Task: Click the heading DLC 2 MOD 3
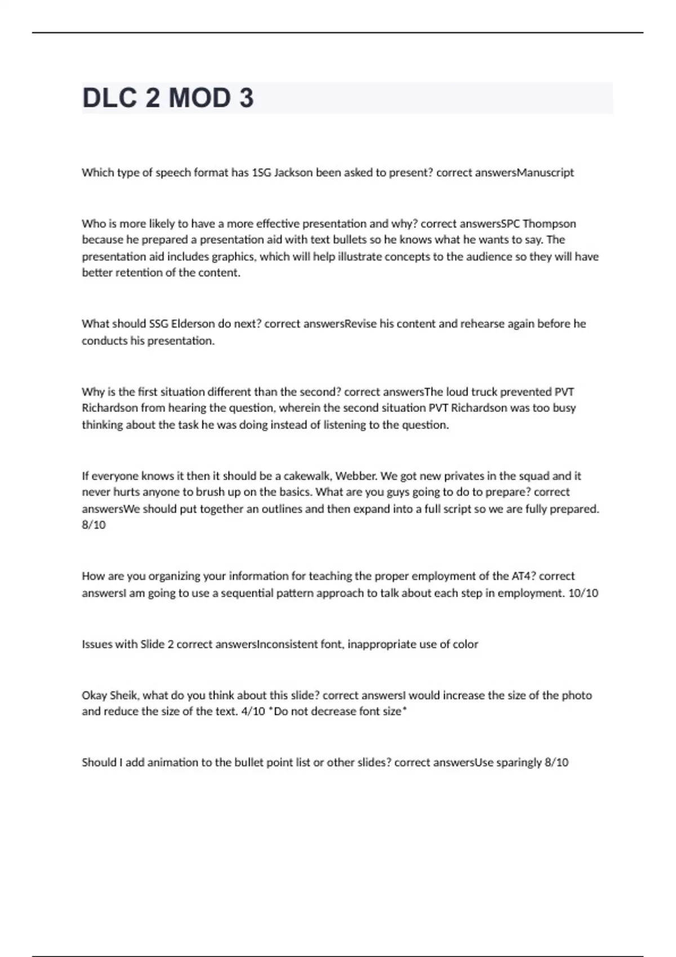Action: [x=168, y=98]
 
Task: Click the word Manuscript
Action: [x=545, y=173]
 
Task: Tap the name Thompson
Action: [x=549, y=223]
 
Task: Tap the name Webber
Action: [x=356, y=476]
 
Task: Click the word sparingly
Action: [x=518, y=762]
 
